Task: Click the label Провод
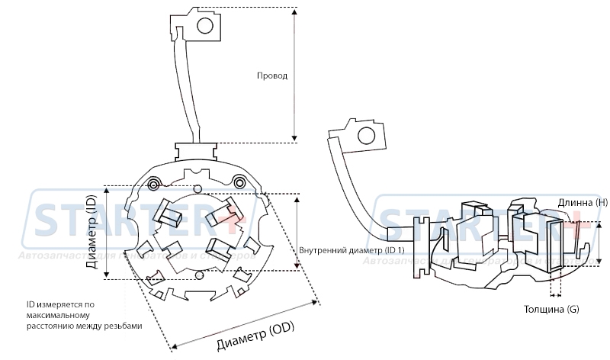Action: pos(271,77)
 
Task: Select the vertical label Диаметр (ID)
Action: pos(91,233)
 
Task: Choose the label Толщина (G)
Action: pos(551,310)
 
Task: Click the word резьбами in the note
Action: pos(124,326)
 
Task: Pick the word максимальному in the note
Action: pos(58,316)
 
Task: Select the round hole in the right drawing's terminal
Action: pos(366,137)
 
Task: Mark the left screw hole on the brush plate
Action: pos(154,185)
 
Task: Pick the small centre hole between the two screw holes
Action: pos(197,188)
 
